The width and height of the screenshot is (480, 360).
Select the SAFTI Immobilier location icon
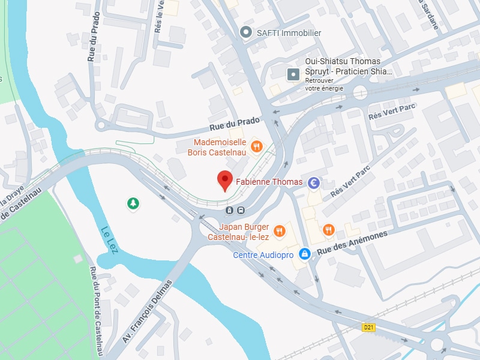click(245, 32)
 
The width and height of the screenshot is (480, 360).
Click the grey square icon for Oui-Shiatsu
click(293, 74)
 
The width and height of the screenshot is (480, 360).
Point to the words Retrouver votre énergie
click(324, 84)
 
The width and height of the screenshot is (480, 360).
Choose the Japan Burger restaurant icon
click(279, 231)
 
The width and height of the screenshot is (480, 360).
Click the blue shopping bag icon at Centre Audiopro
click(305, 254)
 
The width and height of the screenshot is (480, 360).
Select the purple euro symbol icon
click(313, 182)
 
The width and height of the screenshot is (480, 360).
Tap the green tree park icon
click(133, 204)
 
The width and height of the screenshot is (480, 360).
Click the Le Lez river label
click(110, 239)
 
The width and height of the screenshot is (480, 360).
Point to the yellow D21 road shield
click(369, 327)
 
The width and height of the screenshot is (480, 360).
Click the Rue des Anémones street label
click(352, 245)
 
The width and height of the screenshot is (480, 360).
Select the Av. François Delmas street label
click(147, 311)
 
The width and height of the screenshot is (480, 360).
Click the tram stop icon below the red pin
click(229, 210)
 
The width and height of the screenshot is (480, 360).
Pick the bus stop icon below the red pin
click(240, 210)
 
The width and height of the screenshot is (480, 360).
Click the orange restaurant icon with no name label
click(328, 230)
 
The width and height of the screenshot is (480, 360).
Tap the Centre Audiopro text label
click(263, 255)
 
